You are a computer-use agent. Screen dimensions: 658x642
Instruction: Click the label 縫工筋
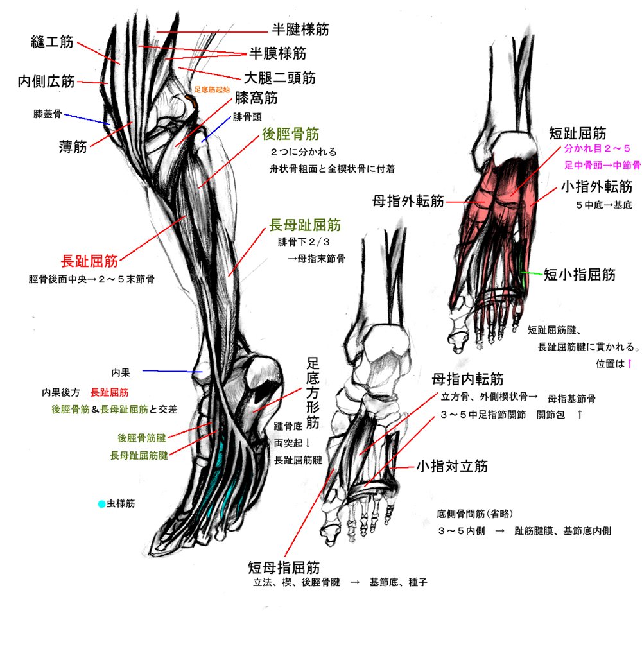(52, 43)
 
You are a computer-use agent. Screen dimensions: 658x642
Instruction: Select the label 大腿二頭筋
(279, 78)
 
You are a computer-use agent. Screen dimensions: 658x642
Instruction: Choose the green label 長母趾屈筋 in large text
(305, 225)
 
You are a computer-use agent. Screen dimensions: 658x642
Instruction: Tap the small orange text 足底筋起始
(212, 91)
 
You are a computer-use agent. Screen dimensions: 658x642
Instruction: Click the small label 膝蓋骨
(48, 114)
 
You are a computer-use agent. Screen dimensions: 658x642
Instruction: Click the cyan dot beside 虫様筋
(101, 504)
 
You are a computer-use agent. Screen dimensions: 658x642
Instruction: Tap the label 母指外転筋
(408, 202)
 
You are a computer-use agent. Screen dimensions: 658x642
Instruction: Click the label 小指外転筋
(596, 187)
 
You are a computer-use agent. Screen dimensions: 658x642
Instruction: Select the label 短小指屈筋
(580, 275)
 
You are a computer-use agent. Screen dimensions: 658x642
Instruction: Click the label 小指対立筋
(452, 466)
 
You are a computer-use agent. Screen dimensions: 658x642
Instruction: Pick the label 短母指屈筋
(284, 567)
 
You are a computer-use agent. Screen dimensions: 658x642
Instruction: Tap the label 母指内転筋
(467, 379)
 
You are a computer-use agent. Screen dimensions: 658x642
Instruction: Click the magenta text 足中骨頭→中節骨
(602, 165)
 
